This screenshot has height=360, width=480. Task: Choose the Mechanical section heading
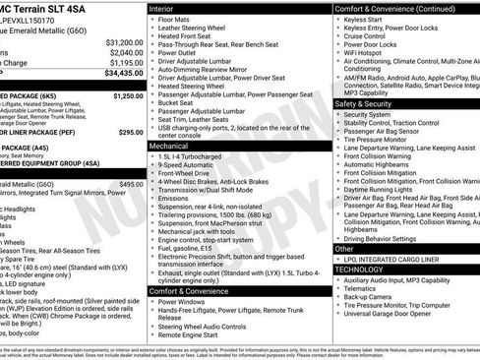pyautogui.click(x=169, y=145)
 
